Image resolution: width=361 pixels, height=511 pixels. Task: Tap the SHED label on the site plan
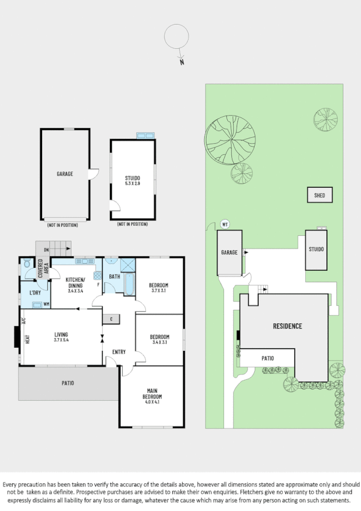pyautogui.click(x=320, y=195)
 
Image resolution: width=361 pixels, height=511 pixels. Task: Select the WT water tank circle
pyautogui.click(x=226, y=224)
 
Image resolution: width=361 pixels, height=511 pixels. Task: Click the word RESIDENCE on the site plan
pyautogui.click(x=287, y=326)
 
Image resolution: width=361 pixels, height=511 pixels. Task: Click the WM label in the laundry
pyautogui.click(x=46, y=304)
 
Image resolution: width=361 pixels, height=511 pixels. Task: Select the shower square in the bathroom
pyautogui.click(x=128, y=265)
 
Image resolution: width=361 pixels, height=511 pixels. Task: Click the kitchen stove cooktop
pyautogui.click(x=97, y=275)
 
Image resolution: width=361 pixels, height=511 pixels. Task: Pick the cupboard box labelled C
pyautogui.click(x=111, y=318)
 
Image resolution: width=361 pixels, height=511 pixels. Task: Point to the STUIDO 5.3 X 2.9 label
pyautogui.click(x=133, y=181)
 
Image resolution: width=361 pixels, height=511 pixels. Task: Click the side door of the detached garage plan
pyautogui.click(x=93, y=173)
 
